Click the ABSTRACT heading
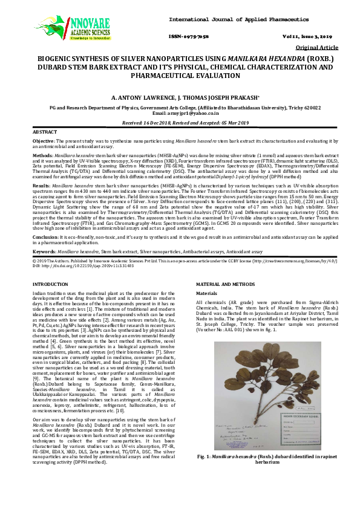tap(45, 131)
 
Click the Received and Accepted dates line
tap(180, 122)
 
